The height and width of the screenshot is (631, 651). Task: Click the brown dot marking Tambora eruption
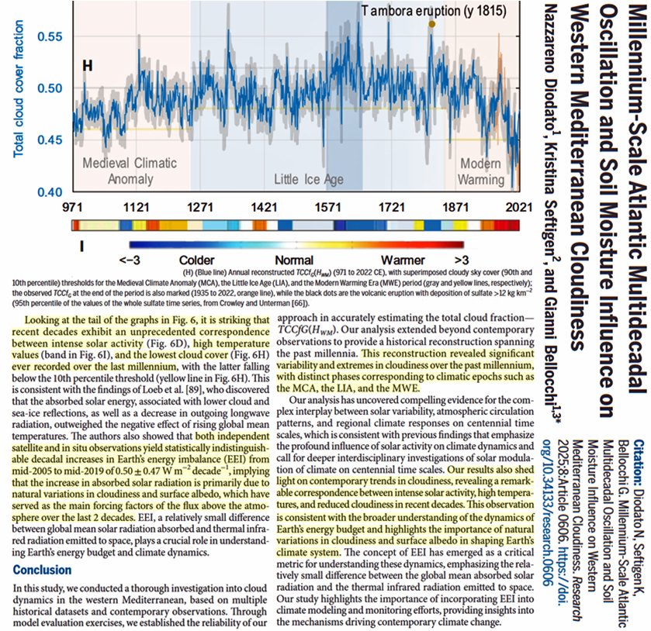(x=431, y=25)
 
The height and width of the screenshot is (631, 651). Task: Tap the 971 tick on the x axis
(x=71, y=207)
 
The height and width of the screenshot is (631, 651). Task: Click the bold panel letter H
(x=88, y=67)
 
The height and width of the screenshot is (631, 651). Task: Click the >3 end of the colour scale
(x=461, y=260)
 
